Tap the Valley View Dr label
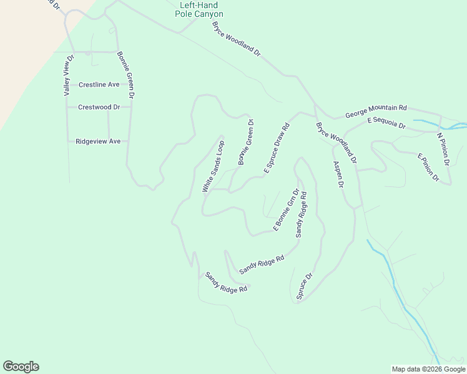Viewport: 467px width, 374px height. pyautogui.click(x=68, y=75)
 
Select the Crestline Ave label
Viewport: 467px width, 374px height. pyautogui.click(x=99, y=85)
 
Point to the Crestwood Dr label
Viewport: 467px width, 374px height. pyautogui.click(x=99, y=107)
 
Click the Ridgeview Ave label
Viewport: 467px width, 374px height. pyautogui.click(x=97, y=141)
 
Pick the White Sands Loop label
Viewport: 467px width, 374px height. pyautogui.click(x=213, y=166)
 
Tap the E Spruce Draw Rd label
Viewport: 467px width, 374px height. pyautogui.click(x=277, y=148)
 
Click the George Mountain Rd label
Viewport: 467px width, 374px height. pyautogui.click(x=376, y=111)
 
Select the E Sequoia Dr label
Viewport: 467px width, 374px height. pyautogui.click(x=386, y=123)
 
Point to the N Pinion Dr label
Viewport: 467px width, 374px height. pyautogui.click(x=443, y=150)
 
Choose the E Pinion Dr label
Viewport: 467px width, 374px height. pyautogui.click(x=429, y=167)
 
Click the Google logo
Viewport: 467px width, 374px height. pyautogui.click(x=21, y=367)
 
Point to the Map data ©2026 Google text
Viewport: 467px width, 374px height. pyautogui.click(x=428, y=369)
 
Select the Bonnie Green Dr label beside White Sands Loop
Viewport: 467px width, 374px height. pyautogui.click(x=246, y=142)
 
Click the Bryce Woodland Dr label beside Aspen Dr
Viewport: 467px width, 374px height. pyautogui.click(x=336, y=143)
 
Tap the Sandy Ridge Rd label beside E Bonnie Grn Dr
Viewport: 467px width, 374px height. pyautogui.click(x=301, y=214)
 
